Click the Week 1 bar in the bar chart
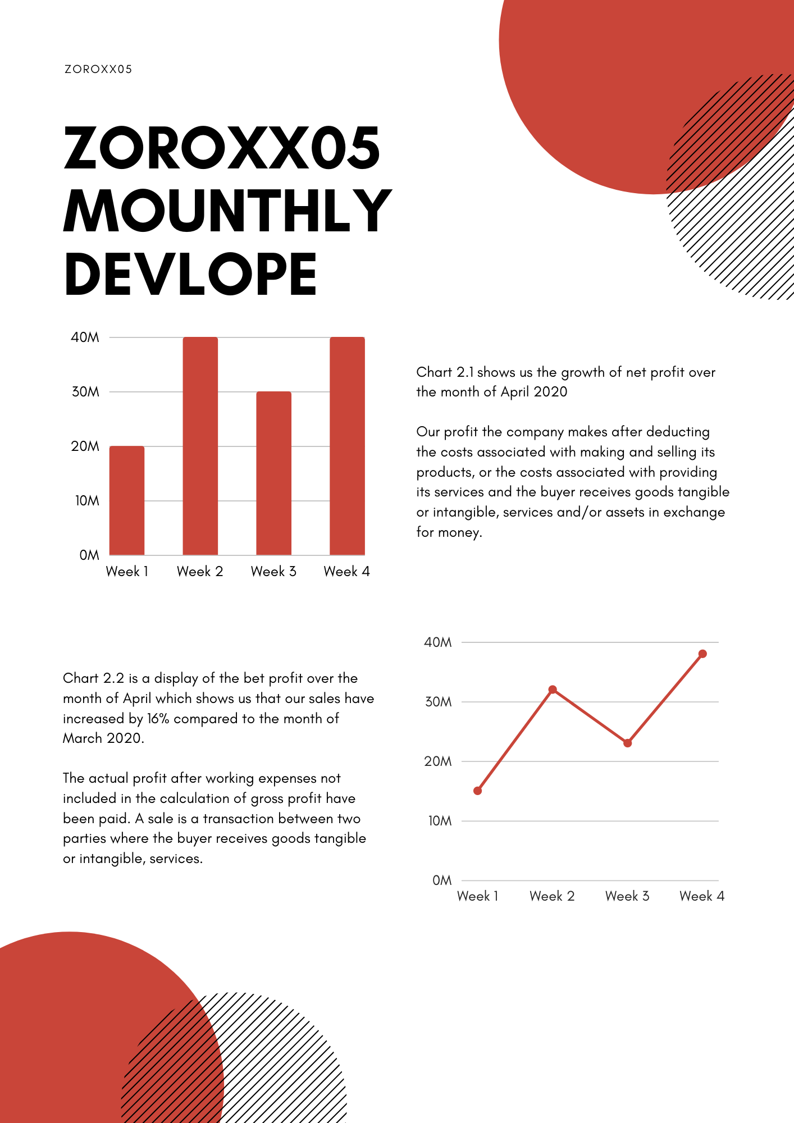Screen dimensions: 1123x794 tap(127, 500)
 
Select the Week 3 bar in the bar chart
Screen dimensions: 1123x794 tap(274, 473)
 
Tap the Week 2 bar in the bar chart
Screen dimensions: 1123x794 tap(200, 446)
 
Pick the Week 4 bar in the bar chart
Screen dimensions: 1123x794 tap(347, 446)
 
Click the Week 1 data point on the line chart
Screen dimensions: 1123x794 tap(478, 791)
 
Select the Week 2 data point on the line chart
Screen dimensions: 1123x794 tap(553, 690)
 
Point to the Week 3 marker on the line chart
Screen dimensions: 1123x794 tap(628, 743)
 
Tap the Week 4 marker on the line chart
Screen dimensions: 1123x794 tap(702, 654)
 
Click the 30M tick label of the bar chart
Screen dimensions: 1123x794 tap(85, 392)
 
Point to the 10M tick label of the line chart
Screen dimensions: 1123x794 tap(440, 821)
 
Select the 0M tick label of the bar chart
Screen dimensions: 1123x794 tap(89, 555)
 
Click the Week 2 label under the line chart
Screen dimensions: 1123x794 tap(552, 896)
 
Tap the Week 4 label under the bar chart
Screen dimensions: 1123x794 tap(347, 572)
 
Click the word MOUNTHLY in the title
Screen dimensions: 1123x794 tap(227, 211)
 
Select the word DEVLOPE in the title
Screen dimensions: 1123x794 tap(191, 274)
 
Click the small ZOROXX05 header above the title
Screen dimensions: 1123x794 tap(98, 69)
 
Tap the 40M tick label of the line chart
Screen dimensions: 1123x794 tap(438, 642)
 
